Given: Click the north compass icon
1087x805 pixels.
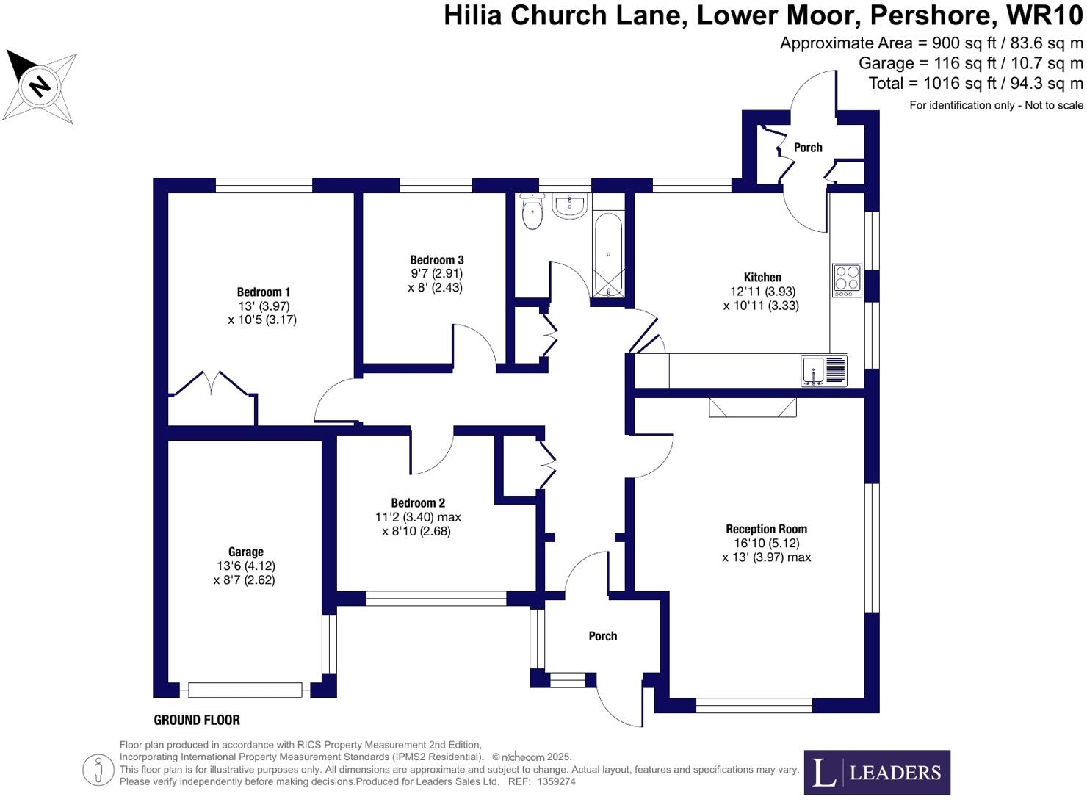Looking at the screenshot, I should click(40, 86).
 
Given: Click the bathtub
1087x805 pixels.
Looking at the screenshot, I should click(608, 254).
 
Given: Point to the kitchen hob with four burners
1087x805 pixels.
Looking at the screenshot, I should click(847, 280).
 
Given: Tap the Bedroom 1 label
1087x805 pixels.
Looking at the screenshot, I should click(263, 292).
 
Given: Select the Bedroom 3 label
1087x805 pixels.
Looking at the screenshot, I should click(436, 260).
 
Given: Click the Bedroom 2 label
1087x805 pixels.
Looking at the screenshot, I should click(418, 503).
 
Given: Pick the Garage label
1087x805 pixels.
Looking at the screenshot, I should click(245, 552).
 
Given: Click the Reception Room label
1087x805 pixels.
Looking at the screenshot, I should click(766, 529).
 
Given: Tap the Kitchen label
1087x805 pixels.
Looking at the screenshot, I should click(762, 278).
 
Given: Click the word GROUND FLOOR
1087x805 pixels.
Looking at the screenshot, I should click(197, 720).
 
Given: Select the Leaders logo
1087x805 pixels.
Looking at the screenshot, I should click(877, 772).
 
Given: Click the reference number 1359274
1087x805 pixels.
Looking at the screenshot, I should click(556, 782).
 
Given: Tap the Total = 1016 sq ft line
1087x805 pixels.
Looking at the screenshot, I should click(975, 84).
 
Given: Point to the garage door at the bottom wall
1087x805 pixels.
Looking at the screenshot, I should click(245, 690).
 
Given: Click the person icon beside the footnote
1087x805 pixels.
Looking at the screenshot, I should click(98, 770).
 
